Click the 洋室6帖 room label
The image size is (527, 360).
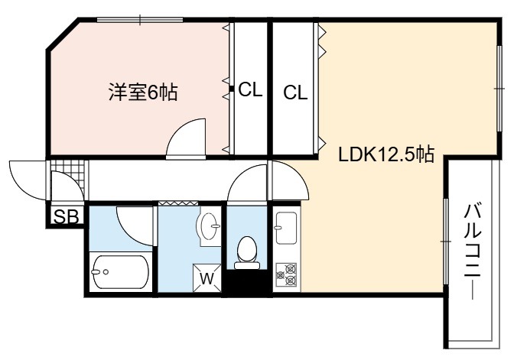click(x=143, y=92)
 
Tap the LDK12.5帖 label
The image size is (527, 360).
click(x=386, y=154)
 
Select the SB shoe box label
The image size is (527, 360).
click(x=67, y=216)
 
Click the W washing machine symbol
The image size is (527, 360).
click(x=207, y=278)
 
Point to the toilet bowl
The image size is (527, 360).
click(x=247, y=252)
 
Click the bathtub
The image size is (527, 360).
click(x=121, y=271)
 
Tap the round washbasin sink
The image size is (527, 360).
click(x=209, y=226)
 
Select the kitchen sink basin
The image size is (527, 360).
click(x=286, y=228)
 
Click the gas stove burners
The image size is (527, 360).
click(x=286, y=274)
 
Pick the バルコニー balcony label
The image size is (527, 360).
click(x=473, y=251)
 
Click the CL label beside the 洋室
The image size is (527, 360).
click(x=250, y=89)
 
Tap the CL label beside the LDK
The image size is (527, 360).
click(x=295, y=92)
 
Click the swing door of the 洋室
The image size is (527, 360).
click(x=186, y=138)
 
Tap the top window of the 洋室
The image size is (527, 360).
click(x=140, y=20)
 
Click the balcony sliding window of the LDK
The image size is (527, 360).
click(x=446, y=242)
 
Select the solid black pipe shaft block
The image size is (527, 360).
click(x=247, y=284)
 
